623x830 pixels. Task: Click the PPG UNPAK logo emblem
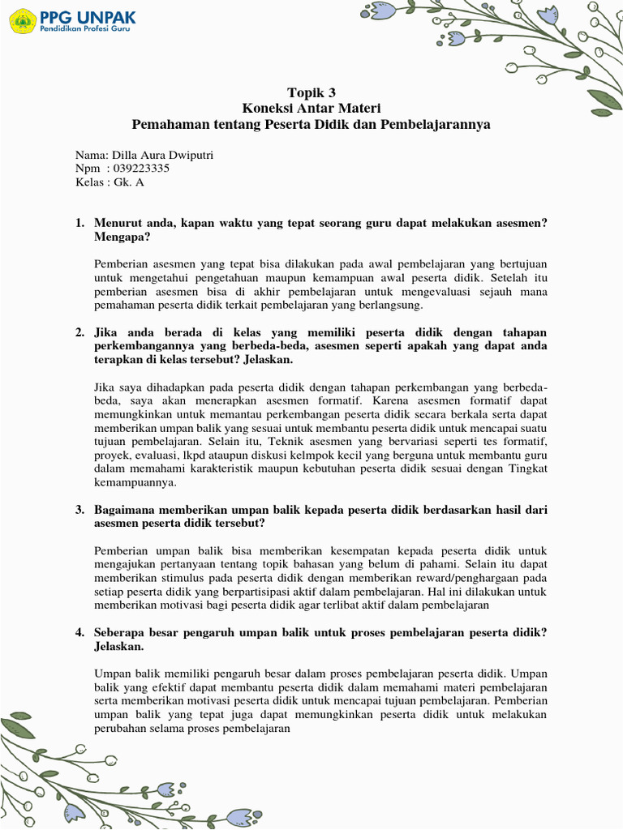[22, 20]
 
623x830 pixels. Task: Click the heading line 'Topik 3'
[311, 92]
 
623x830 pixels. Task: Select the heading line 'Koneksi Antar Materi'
[311, 109]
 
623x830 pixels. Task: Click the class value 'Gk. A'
[129, 182]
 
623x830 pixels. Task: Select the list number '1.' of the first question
[79, 223]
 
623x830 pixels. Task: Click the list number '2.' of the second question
[79, 332]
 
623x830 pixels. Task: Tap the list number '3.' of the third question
[79, 509]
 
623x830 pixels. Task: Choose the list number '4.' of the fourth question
[79, 632]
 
